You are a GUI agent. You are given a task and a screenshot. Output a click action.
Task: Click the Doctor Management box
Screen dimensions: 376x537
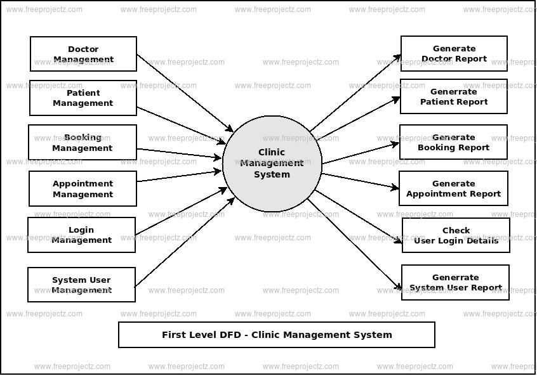pyautogui.click(x=83, y=54)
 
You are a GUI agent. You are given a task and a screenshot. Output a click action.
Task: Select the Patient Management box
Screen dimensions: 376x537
pyautogui.click(x=83, y=98)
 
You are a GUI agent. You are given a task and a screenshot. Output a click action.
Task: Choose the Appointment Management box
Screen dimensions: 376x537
pyautogui.click(x=83, y=189)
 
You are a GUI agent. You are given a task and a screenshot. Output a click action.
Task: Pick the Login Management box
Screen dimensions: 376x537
pyautogui.click(x=81, y=235)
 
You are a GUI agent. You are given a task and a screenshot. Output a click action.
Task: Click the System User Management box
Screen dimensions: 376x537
pyautogui.click(x=81, y=285)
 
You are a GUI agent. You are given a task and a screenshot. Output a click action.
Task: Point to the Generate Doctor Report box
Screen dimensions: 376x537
pyautogui.click(x=454, y=54)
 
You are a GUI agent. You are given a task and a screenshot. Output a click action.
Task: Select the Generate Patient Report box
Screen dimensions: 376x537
pyautogui.click(x=454, y=96)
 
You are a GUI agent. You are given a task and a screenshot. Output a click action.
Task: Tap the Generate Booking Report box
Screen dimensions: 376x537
pyautogui.click(x=453, y=142)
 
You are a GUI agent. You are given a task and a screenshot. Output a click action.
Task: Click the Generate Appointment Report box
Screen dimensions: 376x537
pyautogui.click(x=453, y=188)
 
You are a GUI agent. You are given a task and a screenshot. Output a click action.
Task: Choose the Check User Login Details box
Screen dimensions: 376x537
pyautogui.click(x=456, y=235)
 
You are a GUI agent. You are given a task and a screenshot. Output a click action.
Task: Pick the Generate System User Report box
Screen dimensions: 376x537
pyautogui.click(x=455, y=283)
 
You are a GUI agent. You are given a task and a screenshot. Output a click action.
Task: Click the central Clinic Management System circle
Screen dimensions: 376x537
pyautogui.click(x=272, y=164)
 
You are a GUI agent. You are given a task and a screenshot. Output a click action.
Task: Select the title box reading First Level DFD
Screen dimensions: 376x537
pyautogui.click(x=277, y=335)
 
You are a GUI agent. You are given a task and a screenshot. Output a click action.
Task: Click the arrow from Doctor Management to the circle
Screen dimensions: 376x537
pyautogui.click(x=184, y=93)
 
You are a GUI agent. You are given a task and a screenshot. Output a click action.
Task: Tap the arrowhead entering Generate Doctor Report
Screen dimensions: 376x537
pyautogui.click(x=397, y=57)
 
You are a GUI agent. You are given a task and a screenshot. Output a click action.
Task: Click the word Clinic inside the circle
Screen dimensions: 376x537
pyautogui.click(x=272, y=152)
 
